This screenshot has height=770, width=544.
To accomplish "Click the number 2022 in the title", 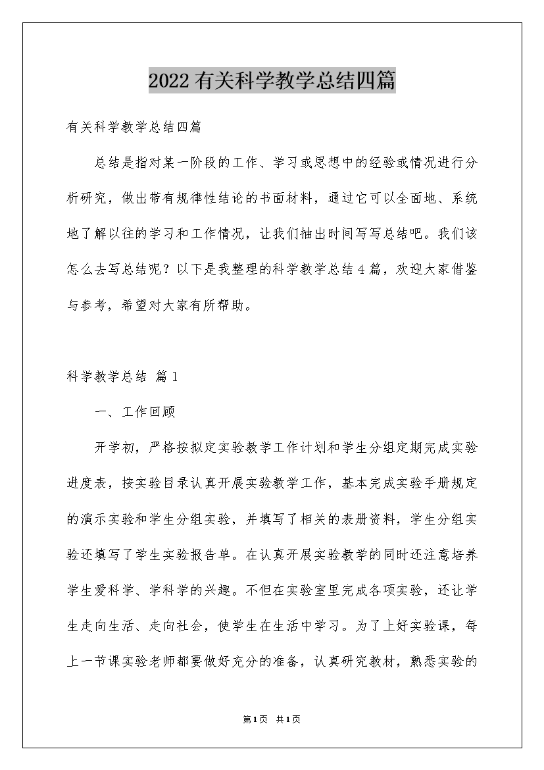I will tap(170, 81).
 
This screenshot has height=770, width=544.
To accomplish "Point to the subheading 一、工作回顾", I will tap(135, 413).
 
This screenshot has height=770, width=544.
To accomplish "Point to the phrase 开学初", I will tap(115, 448).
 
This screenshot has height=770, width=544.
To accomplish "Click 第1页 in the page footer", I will tap(253, 720).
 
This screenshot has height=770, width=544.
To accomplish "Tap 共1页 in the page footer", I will tap(289, 720).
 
